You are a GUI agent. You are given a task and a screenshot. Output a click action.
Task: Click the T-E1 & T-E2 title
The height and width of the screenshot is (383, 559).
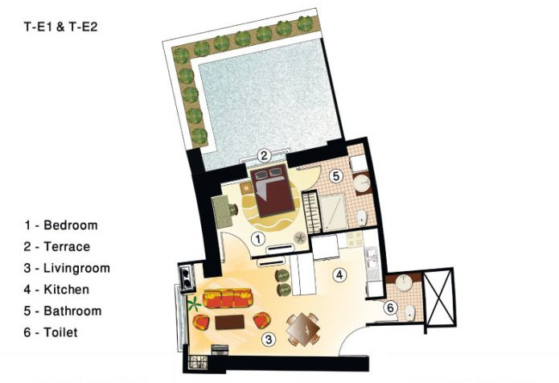coord(60,27)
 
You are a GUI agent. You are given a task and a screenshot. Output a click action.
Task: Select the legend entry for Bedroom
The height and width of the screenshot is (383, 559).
coord(60,225)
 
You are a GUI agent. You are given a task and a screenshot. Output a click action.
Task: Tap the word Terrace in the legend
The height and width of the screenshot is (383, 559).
coord(67,247)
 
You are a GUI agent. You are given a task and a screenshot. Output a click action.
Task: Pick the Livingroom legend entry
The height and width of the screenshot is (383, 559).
coord(67,268)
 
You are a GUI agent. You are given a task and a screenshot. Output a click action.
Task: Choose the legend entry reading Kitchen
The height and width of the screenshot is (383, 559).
coord(56,290)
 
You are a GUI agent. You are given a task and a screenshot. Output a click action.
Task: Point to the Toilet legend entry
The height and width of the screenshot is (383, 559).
coord(51,332)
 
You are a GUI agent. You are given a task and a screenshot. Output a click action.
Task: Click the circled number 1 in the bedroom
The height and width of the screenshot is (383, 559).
coord(258,239)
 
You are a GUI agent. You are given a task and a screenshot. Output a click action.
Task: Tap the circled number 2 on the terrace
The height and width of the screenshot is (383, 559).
coord(264,155)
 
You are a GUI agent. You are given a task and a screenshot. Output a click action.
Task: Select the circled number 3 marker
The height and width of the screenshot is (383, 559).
coord(269,339)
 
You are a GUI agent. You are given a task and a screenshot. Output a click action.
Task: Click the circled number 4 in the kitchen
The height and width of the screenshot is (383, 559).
coord(339,274)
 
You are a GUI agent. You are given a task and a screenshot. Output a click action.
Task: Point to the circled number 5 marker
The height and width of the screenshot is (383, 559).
coord(336,175)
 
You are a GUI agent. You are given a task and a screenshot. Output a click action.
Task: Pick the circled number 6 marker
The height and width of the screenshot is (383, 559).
coord(390,307)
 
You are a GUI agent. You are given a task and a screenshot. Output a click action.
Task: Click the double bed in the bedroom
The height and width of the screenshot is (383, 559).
coord(273,191)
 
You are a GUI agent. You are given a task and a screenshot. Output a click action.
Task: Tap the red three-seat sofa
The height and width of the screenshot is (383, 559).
coord(228,299)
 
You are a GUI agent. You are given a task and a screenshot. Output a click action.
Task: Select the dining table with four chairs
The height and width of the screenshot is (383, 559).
coord(303,330)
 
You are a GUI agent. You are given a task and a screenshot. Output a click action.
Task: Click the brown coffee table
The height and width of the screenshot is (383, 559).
coord(229,322)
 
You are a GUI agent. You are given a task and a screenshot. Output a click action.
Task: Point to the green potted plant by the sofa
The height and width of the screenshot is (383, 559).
coord(195,304)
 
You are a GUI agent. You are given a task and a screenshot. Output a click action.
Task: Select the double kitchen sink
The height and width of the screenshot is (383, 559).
coord(372,259)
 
